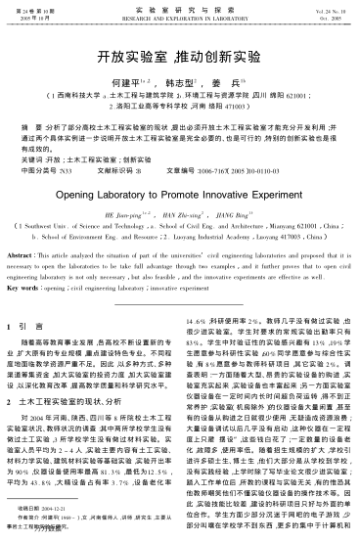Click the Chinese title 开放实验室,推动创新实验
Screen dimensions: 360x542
tap(179, 59)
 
